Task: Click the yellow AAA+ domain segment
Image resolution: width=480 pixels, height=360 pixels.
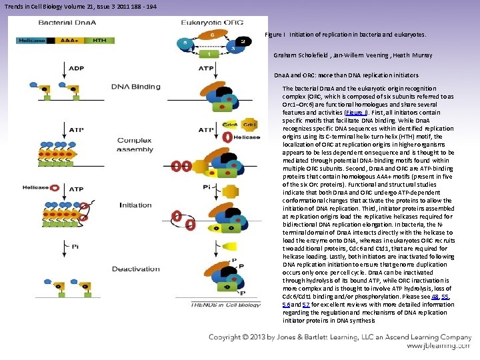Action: [x=67, y=40]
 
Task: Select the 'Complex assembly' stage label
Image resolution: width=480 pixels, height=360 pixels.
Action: [x=135, y=145]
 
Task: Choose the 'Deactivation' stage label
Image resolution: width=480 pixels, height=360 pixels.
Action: [x=135, y=269]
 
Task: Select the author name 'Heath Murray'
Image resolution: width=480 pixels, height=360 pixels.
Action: [x=411, y=55]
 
